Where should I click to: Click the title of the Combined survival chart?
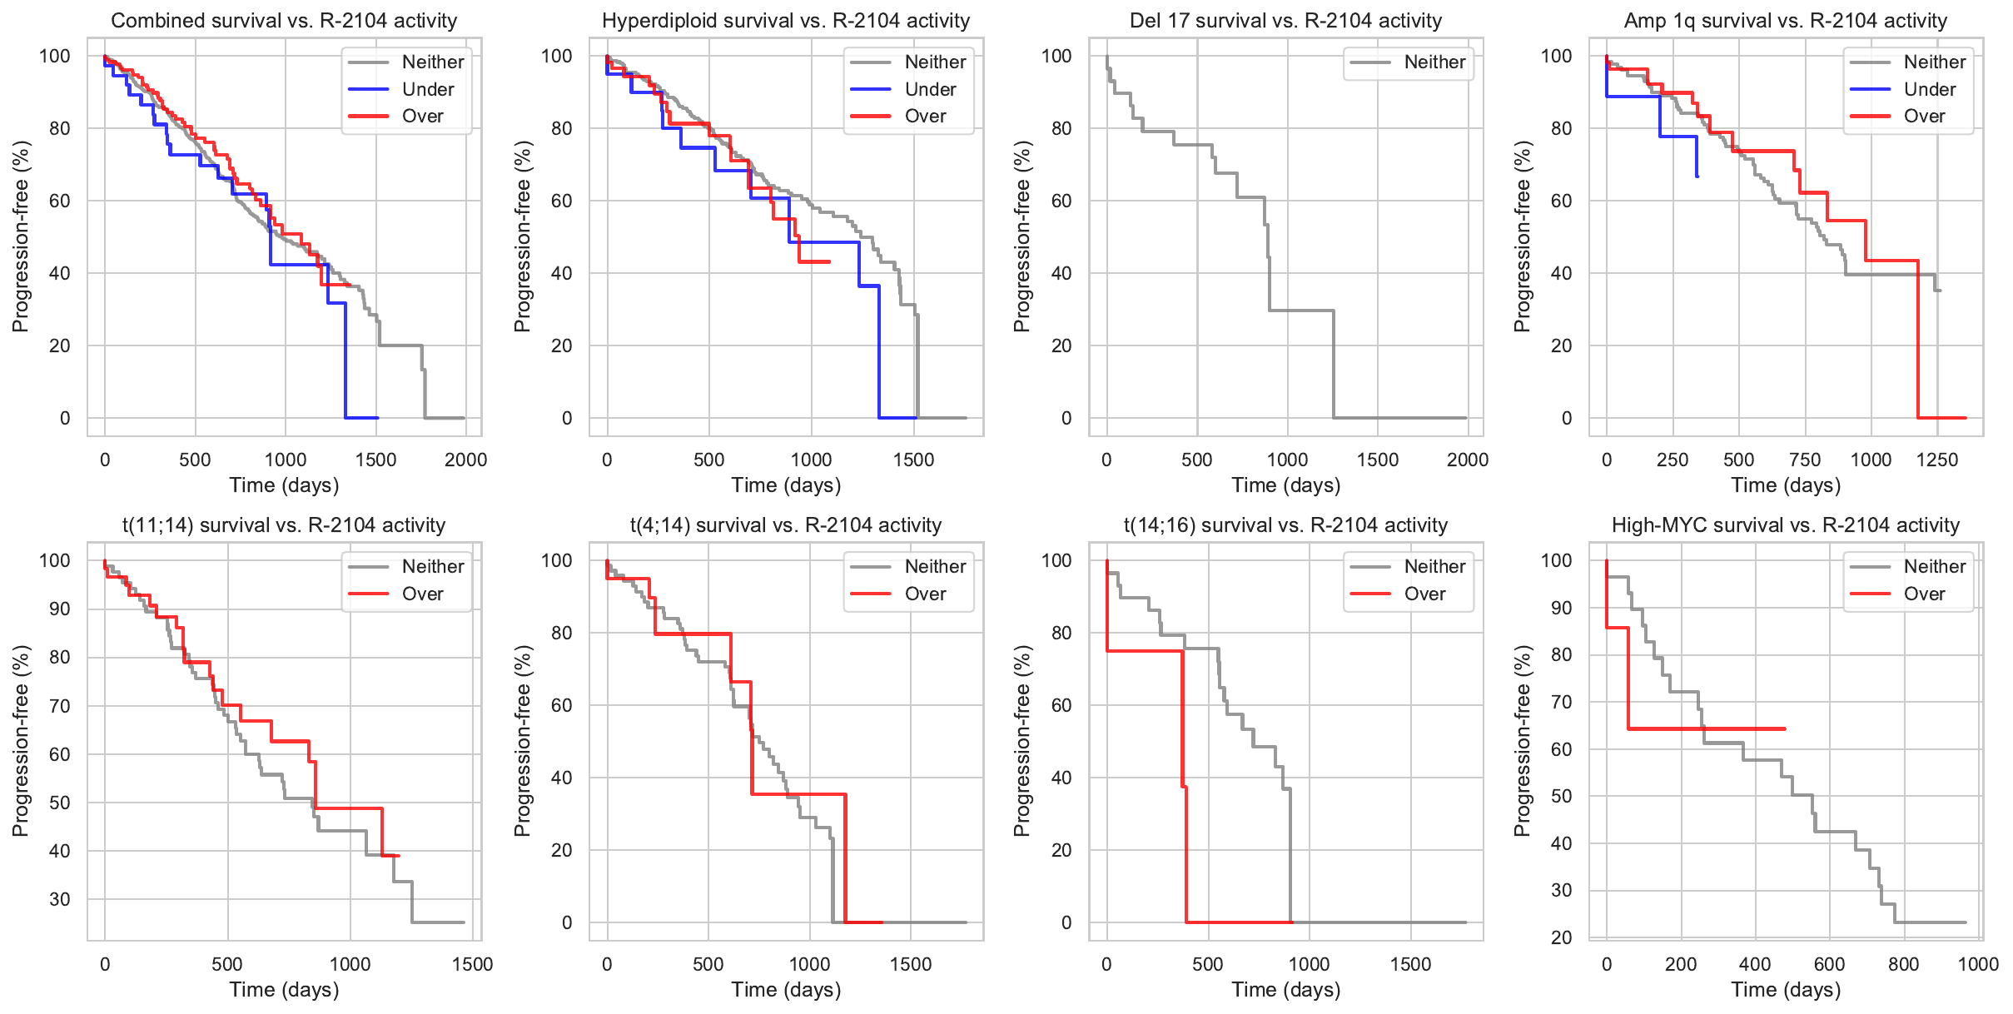(284, 21)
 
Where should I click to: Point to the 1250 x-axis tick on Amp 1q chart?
(1936, 460)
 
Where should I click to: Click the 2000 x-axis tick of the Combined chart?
(465, 460)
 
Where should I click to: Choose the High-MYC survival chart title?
(1785, 525)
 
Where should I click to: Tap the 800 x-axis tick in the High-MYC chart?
(1903, 964)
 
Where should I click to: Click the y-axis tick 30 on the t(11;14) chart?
(60, 899)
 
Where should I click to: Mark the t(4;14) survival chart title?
(785, 525)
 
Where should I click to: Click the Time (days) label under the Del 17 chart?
(1285, 485)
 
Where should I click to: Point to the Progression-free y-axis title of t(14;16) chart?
(1022, 740)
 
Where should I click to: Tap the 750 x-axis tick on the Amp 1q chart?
(1804, 460)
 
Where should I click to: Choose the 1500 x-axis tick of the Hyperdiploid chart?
(913, 460)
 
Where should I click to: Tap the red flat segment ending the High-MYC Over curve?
(1707, 728)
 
